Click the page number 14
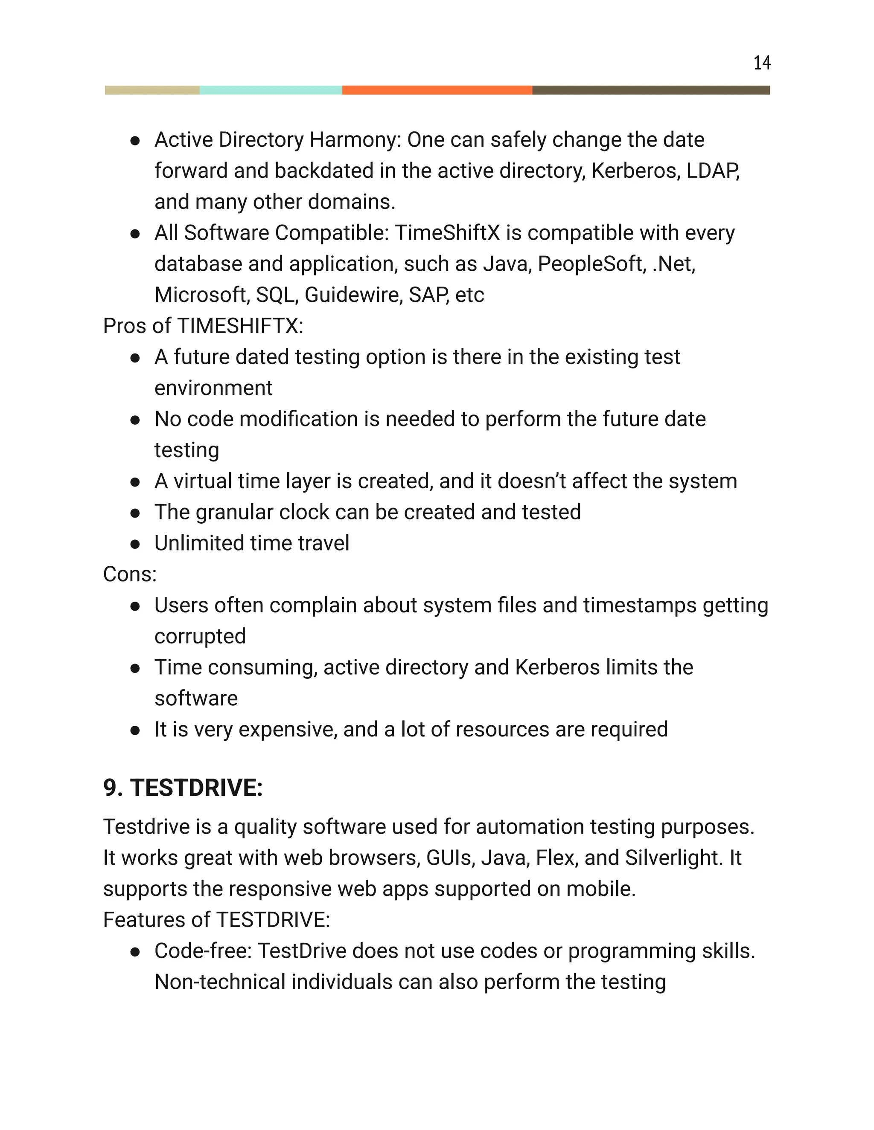pyautogui.click(x=762, y=63)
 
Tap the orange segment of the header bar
pyautogui.click(x=437, y=90)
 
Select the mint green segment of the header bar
pyautogui.click(x=271, y=90)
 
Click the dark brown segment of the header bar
pyautogui.click(x=651, y=90)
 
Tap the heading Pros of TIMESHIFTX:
pyautogui.click(x=203, y=326)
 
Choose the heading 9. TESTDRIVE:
pyautogui.click(x=183, y=788)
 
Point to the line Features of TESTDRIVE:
pyautogui.click(x=216, y=920)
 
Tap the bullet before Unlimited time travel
pyautogui.click(x=135, y=544)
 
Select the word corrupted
pyautogui.click(x=200, y=636)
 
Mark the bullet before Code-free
pyautogui.click(x=135, y=951)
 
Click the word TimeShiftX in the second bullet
pyautogui.click(x=447, y=233)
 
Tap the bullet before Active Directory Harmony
pyautogui.click(x=135, y=140)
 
